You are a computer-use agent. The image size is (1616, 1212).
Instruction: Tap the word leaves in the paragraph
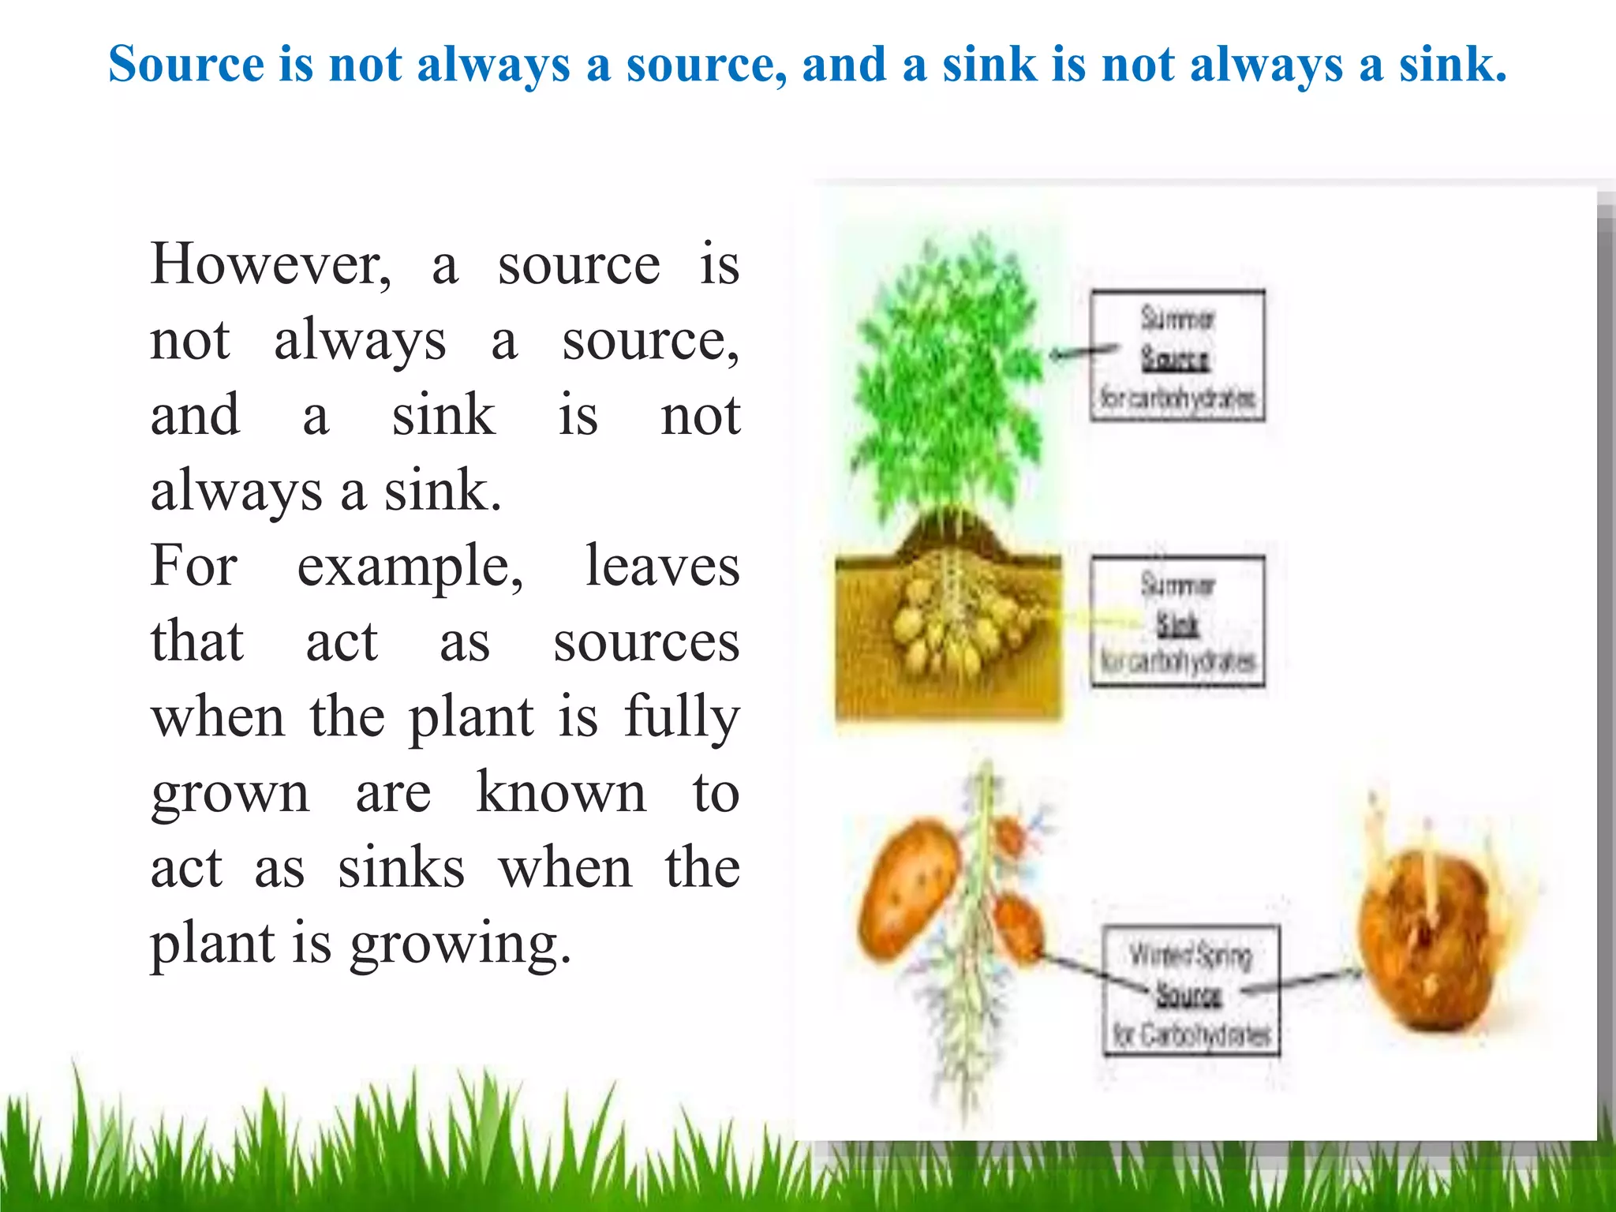coord(662,566)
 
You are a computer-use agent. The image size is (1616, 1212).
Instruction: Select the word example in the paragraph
coord(410,567)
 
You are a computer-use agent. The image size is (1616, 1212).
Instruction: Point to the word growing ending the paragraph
coord(460,944)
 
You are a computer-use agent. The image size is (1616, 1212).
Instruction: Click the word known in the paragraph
coord(561,792)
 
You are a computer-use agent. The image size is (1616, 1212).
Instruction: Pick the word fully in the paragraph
coord(682,718)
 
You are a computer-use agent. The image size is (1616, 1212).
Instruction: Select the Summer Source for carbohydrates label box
coord(1177,356)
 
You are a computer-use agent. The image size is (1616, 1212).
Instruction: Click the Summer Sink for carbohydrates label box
coord(1177,622)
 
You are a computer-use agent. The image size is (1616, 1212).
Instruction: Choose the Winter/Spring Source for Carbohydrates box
coord(1191,991)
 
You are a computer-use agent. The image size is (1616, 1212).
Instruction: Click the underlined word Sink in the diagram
coord(1177,624)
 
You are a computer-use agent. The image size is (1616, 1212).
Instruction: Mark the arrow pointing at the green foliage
coord(1083,352)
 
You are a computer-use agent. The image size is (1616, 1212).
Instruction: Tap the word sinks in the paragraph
coord(402,868)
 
